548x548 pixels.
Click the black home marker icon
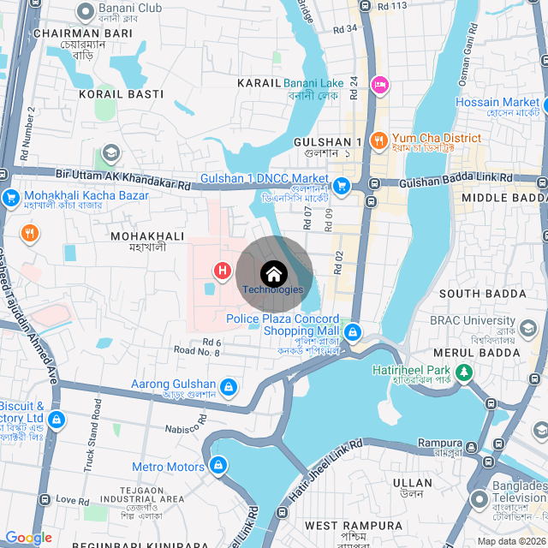274,274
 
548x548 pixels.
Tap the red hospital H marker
223,272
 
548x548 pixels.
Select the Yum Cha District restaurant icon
378,139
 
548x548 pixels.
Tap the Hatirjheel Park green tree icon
464,372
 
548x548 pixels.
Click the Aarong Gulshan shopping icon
229,388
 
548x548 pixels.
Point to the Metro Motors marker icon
217,466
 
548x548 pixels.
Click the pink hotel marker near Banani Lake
378,84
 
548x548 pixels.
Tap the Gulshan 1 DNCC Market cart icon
342,185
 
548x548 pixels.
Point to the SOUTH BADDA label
483,294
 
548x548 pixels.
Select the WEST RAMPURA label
354,525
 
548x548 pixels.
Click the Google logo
28,537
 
